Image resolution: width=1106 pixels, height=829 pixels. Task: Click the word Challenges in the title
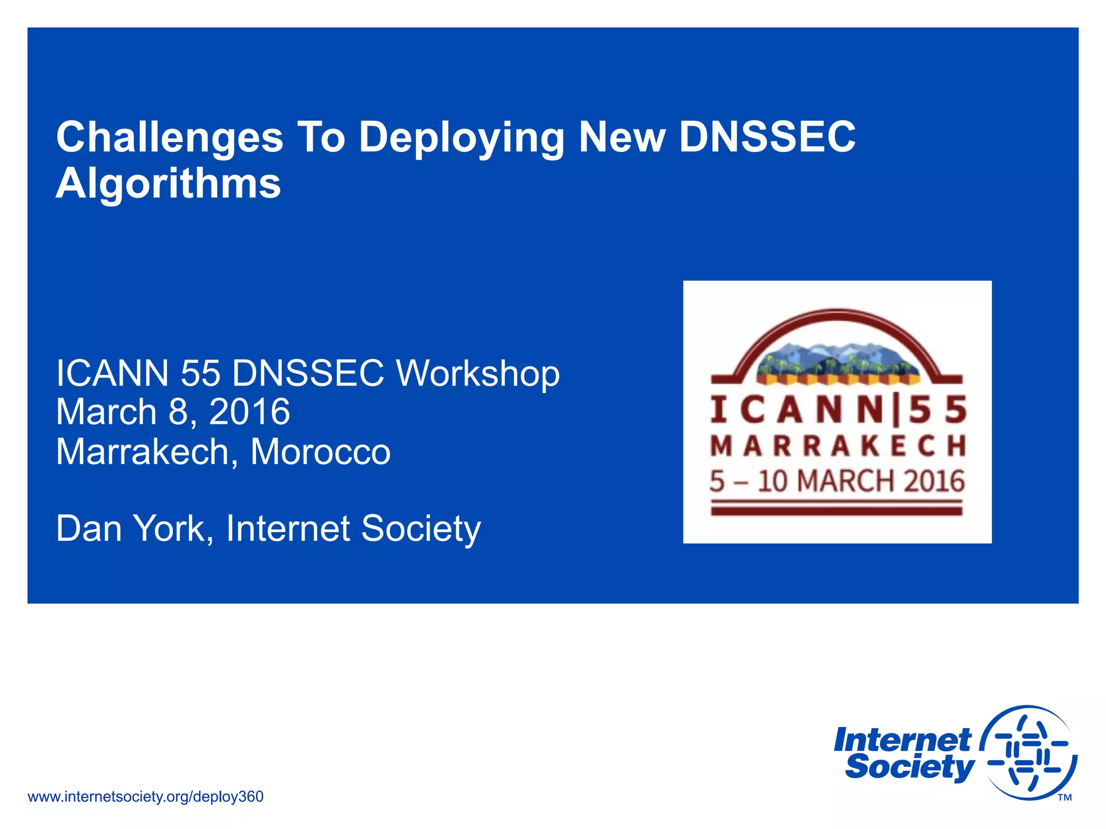[170, 138]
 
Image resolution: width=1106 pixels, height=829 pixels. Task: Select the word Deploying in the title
[461, 138]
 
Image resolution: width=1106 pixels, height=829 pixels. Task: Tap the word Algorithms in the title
[168, 184]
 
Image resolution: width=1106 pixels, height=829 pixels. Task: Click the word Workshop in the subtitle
[478, 373]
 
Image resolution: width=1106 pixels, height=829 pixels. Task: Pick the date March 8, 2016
[173, 412]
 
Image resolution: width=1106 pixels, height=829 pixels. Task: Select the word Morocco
[320, 452]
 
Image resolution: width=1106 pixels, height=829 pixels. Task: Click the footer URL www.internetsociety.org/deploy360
[145, 797]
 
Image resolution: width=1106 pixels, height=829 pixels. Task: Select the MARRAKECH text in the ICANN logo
[838, 446]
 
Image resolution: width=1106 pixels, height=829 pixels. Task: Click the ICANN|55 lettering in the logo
[838, 410]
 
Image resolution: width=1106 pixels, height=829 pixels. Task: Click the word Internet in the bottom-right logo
[902, 740]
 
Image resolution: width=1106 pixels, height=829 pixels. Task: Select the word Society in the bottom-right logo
[909, 767]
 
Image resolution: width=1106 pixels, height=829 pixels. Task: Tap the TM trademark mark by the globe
[1064, 798]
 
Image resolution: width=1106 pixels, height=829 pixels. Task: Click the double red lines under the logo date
[837, 508]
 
